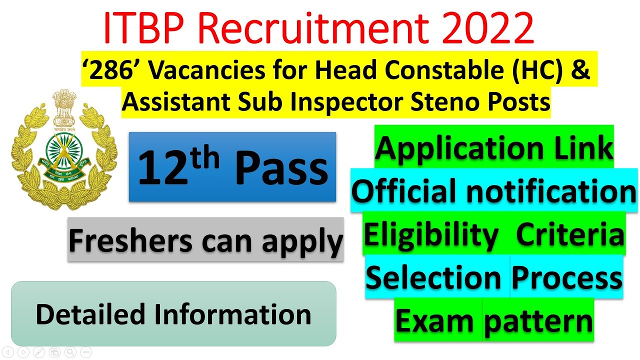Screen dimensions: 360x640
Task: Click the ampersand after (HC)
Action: pos(581,71)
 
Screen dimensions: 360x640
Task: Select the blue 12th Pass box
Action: pos(232,167)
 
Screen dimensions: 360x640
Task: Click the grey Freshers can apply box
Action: pos(205,239)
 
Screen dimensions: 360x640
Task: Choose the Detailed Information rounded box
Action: pos(173,314)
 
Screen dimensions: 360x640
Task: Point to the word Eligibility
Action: pos(431,234)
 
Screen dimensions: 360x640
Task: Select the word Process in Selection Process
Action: pos(566,277)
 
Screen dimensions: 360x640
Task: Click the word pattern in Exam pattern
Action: pos(538,321)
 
